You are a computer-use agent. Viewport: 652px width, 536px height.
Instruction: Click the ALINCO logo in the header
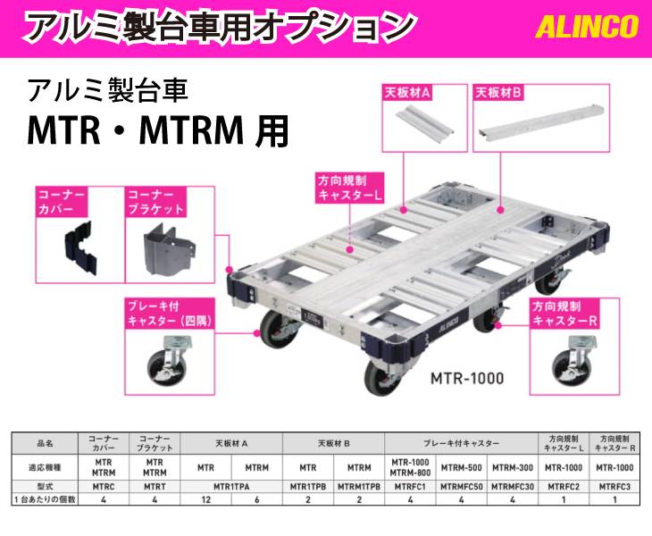pyautogui.click(x=587, y=27)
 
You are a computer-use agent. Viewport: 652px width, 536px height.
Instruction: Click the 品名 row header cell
pyautogui.click(x=45, y=442)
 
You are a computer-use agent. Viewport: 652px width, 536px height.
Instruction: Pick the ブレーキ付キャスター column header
pyautogui.click(x=461, y=442)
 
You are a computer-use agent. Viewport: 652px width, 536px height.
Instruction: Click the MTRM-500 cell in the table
pyautogui.click(x=461, y=466)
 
